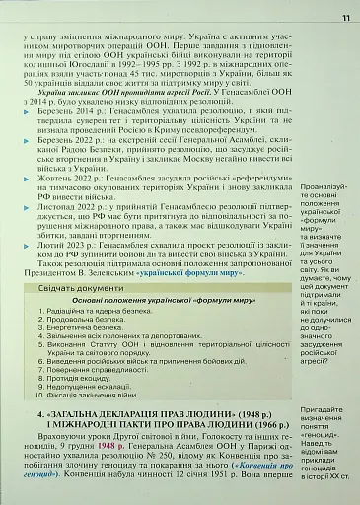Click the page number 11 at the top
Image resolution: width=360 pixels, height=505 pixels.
[x=345, y=17]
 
